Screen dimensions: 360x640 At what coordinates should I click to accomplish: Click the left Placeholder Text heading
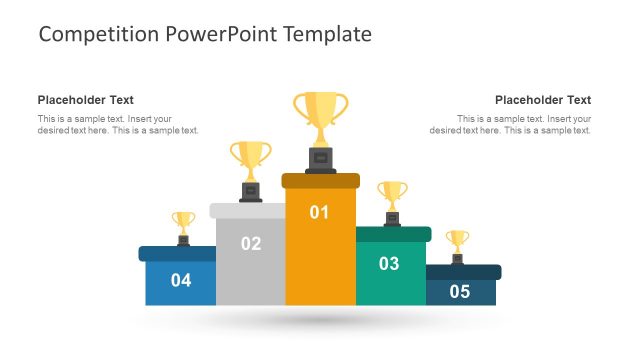[x=86, y=100]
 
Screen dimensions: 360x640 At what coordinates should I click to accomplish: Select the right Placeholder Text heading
[x=543, y=100]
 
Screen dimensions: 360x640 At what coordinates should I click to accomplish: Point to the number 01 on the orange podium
[x=320, y=212]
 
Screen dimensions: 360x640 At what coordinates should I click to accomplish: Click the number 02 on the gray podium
[x=251, y=243]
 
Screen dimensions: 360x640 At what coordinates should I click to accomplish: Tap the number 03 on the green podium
[x=389, y=264]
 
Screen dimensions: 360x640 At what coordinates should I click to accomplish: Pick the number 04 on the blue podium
[x=181, y=280]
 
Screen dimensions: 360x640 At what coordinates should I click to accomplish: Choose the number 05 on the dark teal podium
[x=459, y=292]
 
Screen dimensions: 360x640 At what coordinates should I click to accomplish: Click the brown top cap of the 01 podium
[x=320, y=180]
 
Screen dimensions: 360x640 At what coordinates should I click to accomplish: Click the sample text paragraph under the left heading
[x=118, y=124]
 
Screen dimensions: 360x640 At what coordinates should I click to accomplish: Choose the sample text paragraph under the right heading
[x=511, y=124]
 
